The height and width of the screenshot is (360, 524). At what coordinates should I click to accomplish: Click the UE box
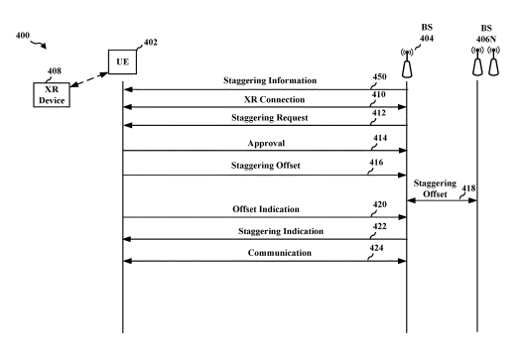click(122, 61)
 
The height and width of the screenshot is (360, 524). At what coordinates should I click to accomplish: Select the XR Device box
click(52, 95)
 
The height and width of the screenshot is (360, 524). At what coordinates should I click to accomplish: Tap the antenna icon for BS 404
click(407, 63)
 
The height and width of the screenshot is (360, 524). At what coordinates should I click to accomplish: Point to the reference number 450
click(380, 76)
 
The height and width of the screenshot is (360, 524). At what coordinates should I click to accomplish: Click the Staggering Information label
click(270, 80)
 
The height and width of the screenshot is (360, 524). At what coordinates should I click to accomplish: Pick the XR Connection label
click(274, 99)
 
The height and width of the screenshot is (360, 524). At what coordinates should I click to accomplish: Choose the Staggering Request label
click(270, 118)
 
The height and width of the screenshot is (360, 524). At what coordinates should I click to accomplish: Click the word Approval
click(266, 143)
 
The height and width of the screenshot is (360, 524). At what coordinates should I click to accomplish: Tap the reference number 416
click(376, 163)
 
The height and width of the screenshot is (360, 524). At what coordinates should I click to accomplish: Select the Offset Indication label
click(266, 209)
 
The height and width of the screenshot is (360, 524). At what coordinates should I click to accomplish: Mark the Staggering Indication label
click(281, 231)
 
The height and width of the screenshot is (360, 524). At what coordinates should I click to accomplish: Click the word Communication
click(280, 253)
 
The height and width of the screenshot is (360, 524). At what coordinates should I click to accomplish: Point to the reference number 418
click(468, 188)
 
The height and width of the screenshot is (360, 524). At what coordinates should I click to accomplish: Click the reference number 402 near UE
click(151, 43)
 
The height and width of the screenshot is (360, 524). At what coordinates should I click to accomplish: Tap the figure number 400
click(23, 35)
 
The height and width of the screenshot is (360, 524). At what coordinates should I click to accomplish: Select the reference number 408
click(55, 70)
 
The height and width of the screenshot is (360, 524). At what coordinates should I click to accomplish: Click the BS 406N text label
click(486, 34)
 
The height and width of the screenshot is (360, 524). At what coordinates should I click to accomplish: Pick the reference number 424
click(376, 248)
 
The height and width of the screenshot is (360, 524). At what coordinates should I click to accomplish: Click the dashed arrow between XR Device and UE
click(89, 79)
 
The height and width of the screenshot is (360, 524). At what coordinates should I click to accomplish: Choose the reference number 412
click(379, 113)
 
